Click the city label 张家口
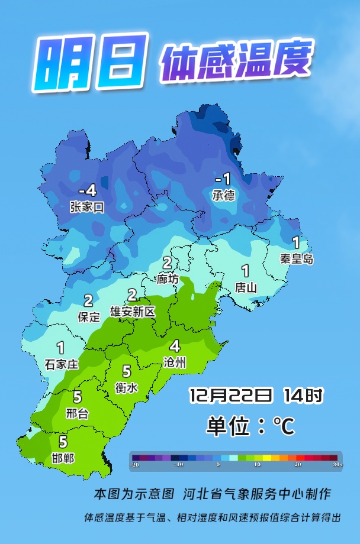pos(86,207)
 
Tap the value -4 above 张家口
pos(87,192)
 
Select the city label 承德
pos(223,195)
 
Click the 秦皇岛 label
pos(297,258)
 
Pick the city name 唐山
pos(246,288)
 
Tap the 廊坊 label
pos(168,279)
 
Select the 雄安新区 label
pos(133,311)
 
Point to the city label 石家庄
pos(61,364)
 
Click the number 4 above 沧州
pos(175,347)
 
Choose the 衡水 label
pos(126,388)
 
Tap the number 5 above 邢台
pos(77,397)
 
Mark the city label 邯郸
pos(63,458)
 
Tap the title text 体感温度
pos(235,61)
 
